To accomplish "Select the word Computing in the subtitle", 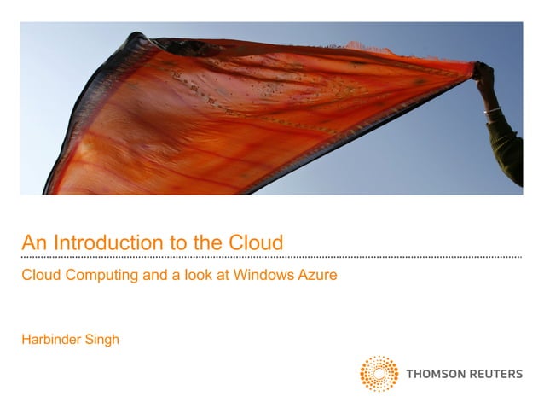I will [106, 277].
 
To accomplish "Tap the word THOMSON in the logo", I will [435, 373].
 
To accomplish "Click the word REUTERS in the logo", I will [495, 373].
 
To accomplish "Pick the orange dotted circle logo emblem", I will [379, 374].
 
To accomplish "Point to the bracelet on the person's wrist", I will [492, 110].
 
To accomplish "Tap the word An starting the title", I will [32, 242].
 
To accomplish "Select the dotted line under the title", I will [271, 257].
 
